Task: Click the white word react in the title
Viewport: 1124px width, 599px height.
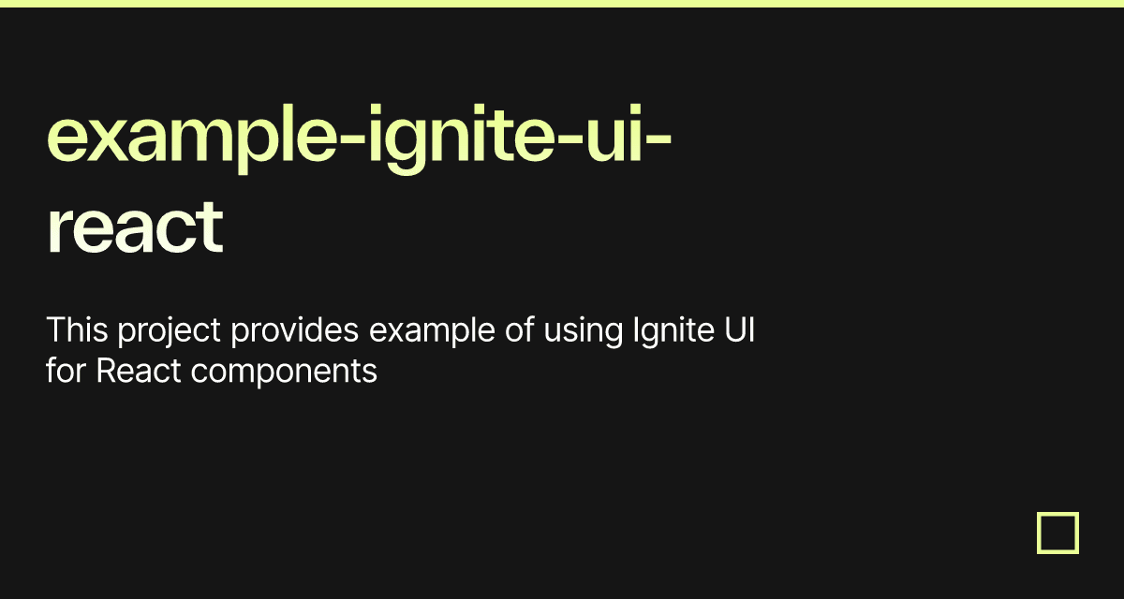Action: point(135,226)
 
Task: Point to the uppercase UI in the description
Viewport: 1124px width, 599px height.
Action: point(739,330)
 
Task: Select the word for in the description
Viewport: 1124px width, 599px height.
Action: point(66,372)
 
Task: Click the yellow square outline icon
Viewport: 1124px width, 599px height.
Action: point(1057,533)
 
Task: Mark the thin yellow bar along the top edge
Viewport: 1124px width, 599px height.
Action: point(562,3)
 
